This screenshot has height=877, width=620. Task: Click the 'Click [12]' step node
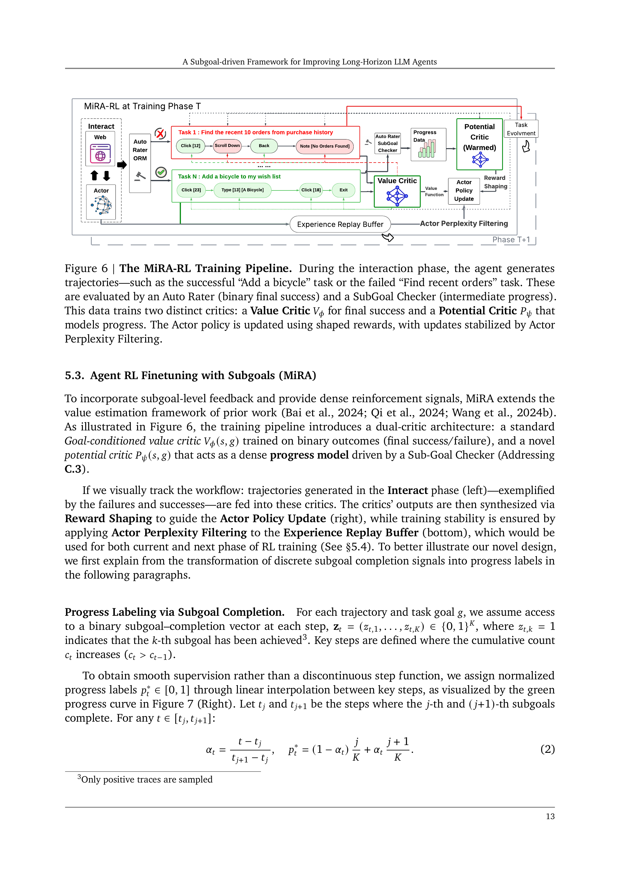pos(190,146)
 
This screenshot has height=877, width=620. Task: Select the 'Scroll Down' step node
pos(227,146)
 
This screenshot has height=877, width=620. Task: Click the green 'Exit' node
pos(343,190)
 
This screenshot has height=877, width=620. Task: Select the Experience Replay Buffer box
pos(340,224)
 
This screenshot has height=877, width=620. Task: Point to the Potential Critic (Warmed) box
pos(479,144)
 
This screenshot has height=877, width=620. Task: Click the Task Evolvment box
pos(521,129)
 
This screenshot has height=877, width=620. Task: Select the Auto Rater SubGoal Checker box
pos(387,144)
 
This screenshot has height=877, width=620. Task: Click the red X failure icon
pos(160,133)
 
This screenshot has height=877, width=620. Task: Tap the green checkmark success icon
pos(161,172)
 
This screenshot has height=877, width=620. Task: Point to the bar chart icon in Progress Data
pos(427,149)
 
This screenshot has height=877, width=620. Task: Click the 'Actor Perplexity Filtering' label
pos(464,224)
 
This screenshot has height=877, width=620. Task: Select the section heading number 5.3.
pos(74,376)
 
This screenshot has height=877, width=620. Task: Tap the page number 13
pos(550,816)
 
